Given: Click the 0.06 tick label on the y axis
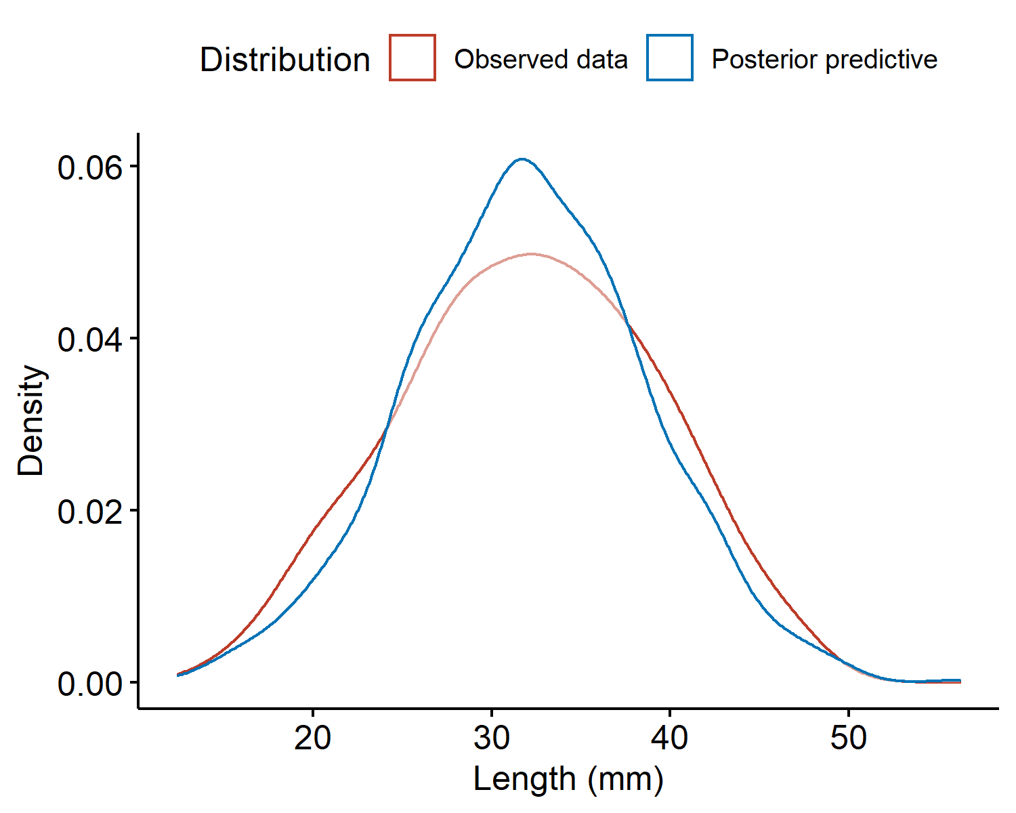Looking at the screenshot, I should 89,168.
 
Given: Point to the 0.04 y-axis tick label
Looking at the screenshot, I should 89,339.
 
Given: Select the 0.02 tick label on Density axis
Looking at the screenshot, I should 89,512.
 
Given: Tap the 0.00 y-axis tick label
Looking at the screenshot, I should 89,684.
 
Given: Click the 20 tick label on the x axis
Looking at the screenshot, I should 312,737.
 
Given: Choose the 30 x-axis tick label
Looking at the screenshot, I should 491,737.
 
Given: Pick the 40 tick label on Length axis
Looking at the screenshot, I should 670,737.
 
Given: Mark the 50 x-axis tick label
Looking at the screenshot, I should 849,737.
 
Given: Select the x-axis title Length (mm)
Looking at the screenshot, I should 568,779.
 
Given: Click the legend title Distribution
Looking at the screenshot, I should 285,60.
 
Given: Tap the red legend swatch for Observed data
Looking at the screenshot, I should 412,58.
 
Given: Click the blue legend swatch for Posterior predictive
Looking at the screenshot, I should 670,58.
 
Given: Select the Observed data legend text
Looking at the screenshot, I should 541,60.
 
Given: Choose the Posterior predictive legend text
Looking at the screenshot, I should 824,60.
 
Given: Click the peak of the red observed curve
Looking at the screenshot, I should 532,254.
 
